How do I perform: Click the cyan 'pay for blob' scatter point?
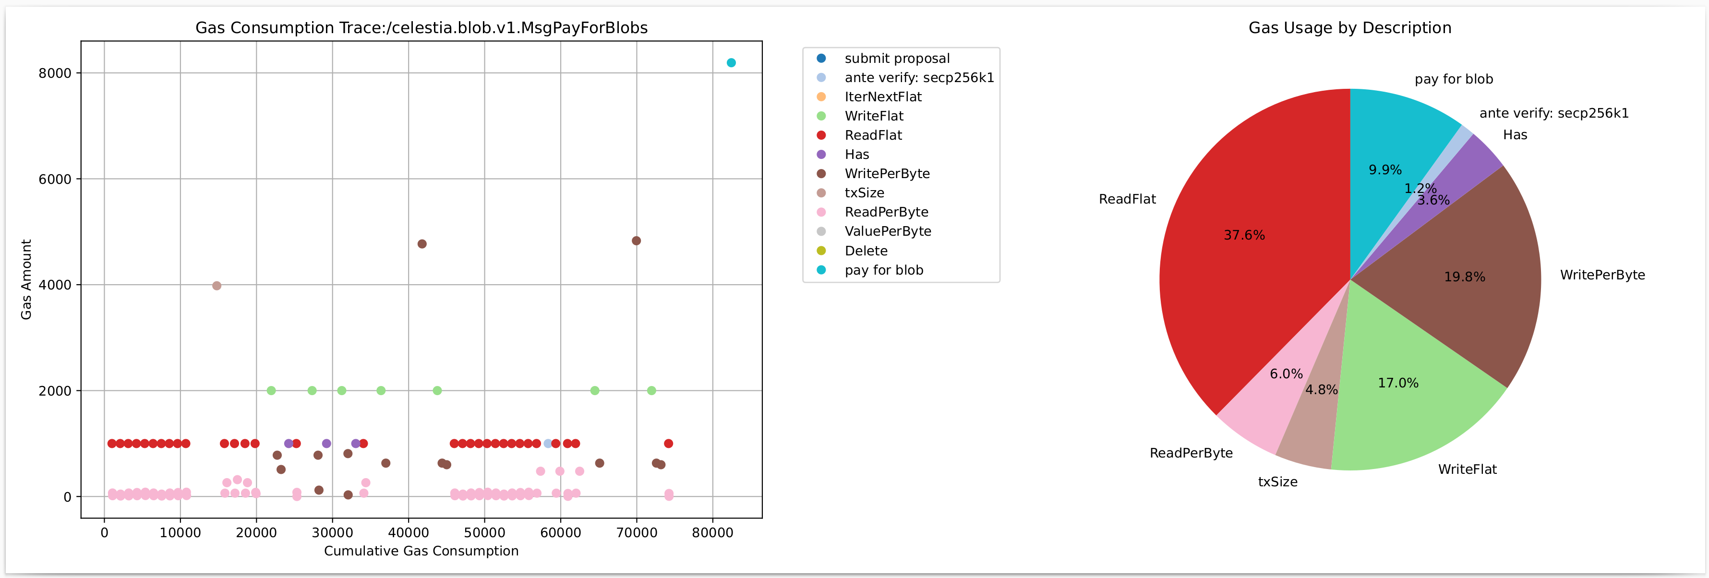click(731, 63)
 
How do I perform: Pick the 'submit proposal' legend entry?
click(896, 59)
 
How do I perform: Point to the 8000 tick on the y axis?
click(55, 73)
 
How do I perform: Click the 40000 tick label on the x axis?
click(408, 533)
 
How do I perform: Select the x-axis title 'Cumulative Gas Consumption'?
click(421, 551)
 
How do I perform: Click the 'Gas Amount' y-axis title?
click(26, 279)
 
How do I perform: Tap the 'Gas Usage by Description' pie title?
click(1349, 28)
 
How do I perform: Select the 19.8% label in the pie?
click(1464, 277)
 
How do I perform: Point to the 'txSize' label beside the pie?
click(1277, 482)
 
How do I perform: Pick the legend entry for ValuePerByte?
click(887, 231)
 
